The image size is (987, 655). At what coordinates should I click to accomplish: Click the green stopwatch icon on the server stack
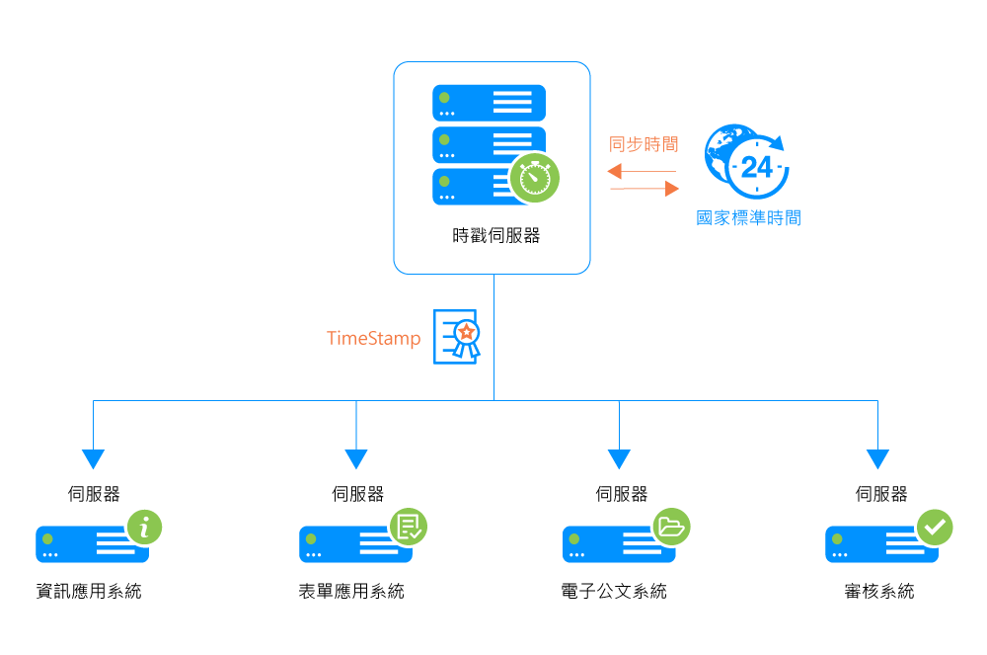[535, 178]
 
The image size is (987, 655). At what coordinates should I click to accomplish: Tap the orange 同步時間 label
[644, 143]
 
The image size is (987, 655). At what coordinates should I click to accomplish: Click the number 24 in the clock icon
[756, 167]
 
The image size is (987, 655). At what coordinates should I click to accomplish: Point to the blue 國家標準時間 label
[748, 218]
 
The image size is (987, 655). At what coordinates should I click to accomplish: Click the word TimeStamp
[373, 339]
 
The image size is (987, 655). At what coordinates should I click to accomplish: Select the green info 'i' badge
[145, 527]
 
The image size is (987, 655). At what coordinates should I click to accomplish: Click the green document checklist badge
[408, 526]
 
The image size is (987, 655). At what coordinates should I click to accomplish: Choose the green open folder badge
[671, 526]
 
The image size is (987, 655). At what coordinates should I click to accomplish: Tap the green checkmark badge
[934, 527]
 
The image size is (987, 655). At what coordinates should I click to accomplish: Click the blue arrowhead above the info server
[93, 458]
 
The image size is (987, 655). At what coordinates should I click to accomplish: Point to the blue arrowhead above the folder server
[619, 458]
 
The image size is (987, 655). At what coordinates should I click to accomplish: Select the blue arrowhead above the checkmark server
[877, 458]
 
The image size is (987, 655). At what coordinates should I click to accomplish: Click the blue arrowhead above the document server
[356, 458]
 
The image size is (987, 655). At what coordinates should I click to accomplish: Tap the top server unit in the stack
[489, 102]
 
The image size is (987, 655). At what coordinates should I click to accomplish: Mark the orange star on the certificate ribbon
[467, 331]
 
